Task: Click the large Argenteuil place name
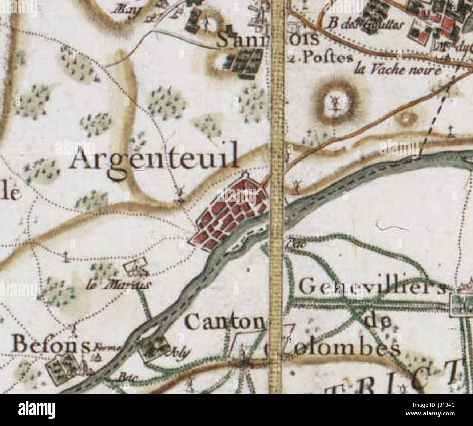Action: (x=155, y=160)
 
